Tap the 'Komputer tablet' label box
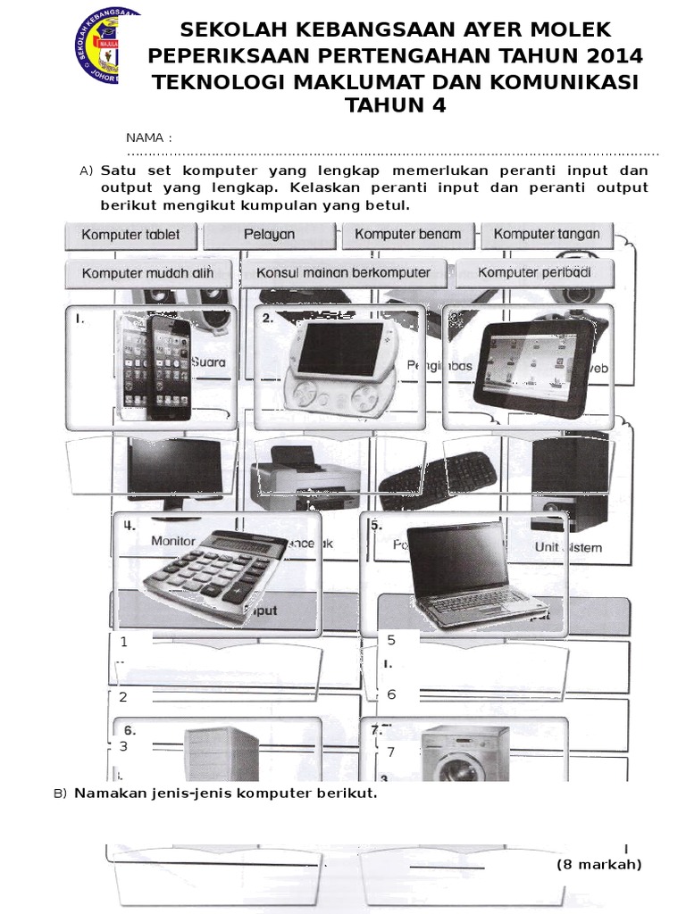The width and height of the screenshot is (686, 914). click(130, 235)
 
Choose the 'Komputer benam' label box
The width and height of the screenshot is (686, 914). click(408, 235)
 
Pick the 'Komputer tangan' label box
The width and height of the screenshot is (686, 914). click(547, 235)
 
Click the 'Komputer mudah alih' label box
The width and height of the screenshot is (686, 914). click(147, 273)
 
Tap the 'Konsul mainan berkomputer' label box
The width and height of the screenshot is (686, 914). click(344, 273)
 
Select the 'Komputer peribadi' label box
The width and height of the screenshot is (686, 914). click(533, 273)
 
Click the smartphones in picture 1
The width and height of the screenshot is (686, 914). click(157, 367)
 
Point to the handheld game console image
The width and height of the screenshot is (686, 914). click(336, 367)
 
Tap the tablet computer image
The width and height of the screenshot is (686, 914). click(533, 363)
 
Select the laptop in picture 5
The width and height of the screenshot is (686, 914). click(471, 572)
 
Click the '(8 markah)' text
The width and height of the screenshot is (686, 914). click(598, 864)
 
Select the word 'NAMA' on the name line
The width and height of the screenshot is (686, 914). click(146, 137)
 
